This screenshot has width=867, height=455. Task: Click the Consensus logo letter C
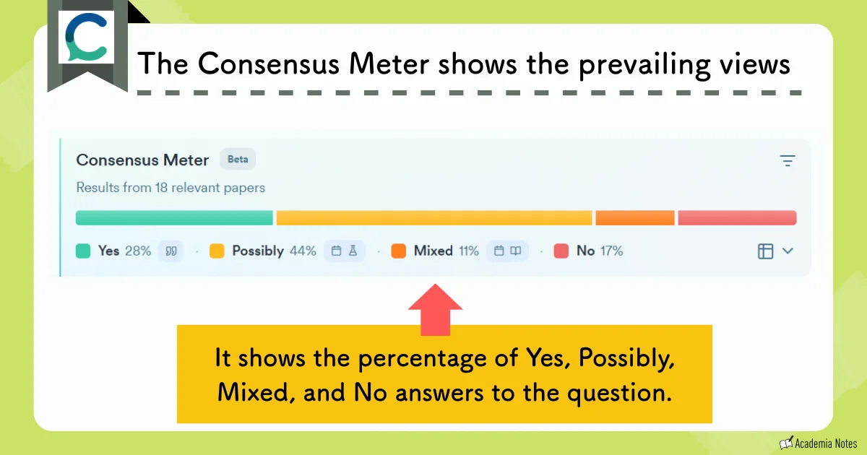point(86,38)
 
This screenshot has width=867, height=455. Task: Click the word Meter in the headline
point(391,64)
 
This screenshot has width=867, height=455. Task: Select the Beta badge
point(238,160)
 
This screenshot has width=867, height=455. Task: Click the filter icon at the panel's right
point(788,161)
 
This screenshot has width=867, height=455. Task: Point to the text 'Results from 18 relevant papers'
point(171,188)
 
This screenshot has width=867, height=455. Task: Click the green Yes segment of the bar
point(174,218)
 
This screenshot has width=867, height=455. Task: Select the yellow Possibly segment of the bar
point(433,218)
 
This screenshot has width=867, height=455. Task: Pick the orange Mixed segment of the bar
point(634,218)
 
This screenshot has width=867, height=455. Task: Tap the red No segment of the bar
point(737,218)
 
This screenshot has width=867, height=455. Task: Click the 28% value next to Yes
point(137,251)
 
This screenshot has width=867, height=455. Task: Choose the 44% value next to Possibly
point(303,251)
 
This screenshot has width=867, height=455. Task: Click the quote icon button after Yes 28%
point(171,251)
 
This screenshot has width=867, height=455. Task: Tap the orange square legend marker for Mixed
point(398,251)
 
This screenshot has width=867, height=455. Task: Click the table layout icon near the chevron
point(765,251)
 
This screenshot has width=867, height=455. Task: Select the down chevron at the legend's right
point(788,251)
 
